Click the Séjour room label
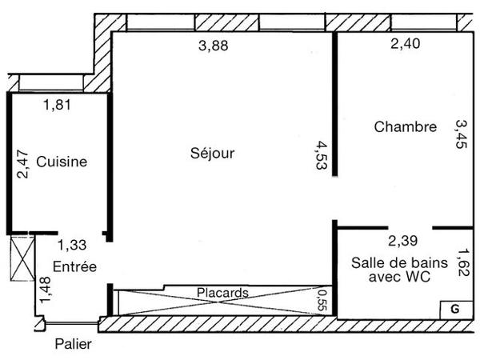tap(213, 153)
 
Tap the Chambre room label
tap(405, 126)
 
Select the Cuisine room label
tap(62, 162)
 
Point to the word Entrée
tap(74, 266)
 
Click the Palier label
tap(74, 345)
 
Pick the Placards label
tap(222, 293)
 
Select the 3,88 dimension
tap(213, 46)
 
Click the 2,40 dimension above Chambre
tap(405, 45)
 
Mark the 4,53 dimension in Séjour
tap(322, 155)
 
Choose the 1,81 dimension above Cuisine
tap(58, 104)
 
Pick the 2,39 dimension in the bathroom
tap(403, 239)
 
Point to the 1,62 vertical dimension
tap(462, 262)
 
